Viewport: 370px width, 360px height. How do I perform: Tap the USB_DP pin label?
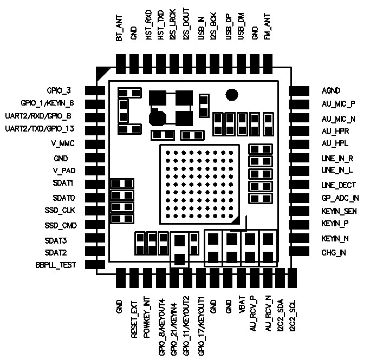228,29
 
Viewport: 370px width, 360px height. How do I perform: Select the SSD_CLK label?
61,211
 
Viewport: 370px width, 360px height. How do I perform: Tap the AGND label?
331,91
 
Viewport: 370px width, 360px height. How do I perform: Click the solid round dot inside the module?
232,94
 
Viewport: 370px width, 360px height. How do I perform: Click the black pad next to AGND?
299,91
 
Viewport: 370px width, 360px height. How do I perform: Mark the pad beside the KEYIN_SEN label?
299,211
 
